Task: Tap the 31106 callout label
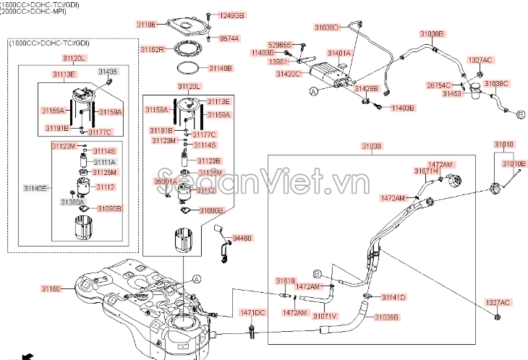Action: tap(147, 24)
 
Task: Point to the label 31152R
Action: tap(152, 49)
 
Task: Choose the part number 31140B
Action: tap(221, 68)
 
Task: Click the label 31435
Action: tap(108, 72)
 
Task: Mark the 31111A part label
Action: tap(105, 162)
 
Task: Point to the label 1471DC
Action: tap(253, 312)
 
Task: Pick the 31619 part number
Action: tap(285, 280)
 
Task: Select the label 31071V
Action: tap(325, 316)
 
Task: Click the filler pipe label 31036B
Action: tap(386, 316)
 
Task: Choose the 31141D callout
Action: tap(394, 297)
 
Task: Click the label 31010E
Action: tap(514, 164)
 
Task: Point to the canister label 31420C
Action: tap(287, 74)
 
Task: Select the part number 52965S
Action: tap(279, 45)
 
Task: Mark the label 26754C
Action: tap(438, 85)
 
